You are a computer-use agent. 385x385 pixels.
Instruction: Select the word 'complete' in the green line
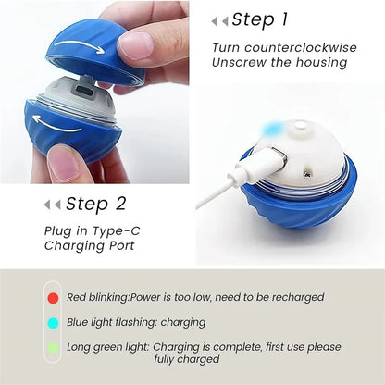click(x=232, y=347)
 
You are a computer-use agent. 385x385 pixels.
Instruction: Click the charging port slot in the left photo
click(x=79, y=92)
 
